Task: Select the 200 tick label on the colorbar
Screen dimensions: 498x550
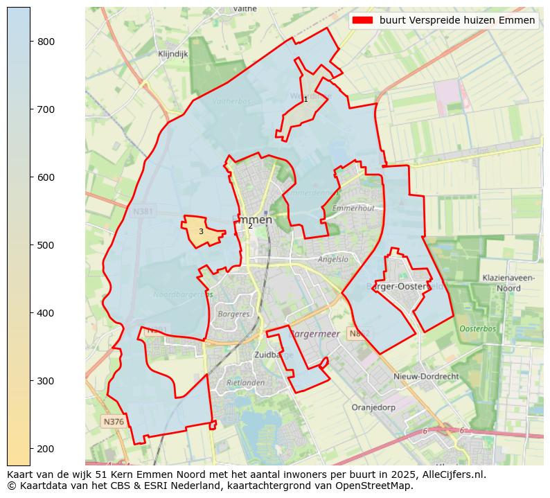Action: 46,449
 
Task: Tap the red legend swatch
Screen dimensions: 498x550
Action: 362,20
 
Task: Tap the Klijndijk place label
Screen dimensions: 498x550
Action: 172,53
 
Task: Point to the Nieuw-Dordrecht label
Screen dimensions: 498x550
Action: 426,376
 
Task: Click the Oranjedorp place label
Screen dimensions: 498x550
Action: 373,407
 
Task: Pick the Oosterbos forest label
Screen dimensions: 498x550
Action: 478,328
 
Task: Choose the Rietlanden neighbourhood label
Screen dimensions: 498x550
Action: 246,382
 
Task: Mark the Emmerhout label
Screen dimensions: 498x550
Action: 353,208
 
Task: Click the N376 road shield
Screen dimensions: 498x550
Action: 114,421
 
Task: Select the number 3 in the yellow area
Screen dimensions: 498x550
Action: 201,231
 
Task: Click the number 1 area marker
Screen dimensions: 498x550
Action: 305,100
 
